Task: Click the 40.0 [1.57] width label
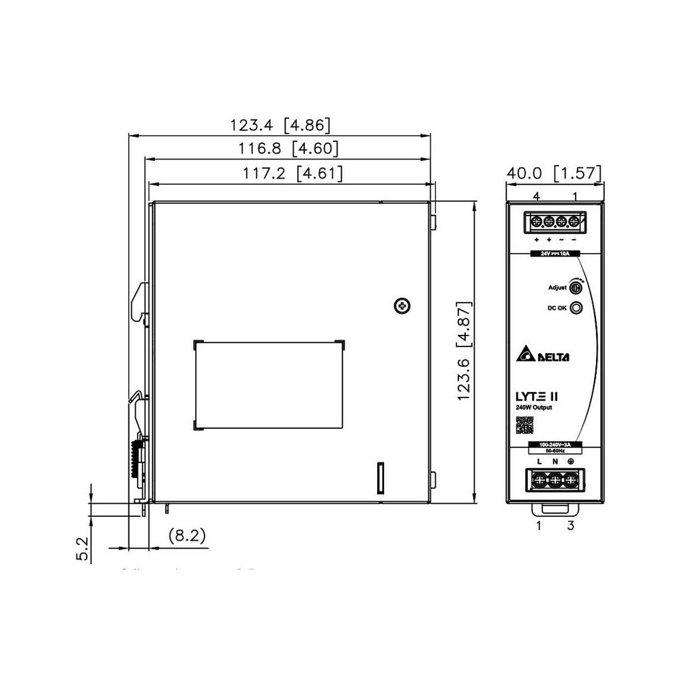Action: pyautogui.click(x=554, y=174)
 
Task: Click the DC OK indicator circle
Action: pyautogui.click(x=577, y=308)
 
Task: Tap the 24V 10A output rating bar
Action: pyautogui.click(x=554, y=253)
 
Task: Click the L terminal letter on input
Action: pyautogui.click(x=539, y=462)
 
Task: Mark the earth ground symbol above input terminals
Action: pyautogui.click(x=571, y=462)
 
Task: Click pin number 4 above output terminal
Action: pyautogui.click(x=537, y=196)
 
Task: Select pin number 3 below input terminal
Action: pyautogui.click(x=572, y=525)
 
